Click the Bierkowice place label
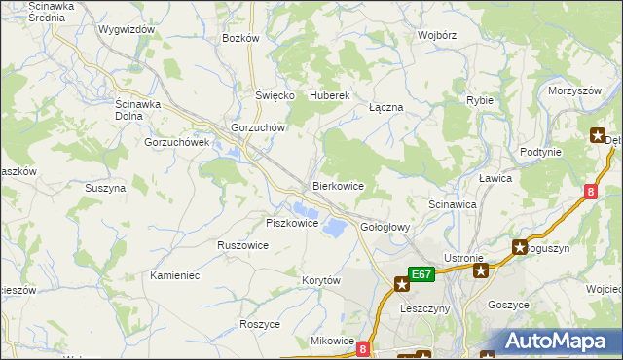tap(338, 185)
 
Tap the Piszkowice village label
tap(292, 223)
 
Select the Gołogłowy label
tap(386, 227)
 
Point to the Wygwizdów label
tap(127, 29)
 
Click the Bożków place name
tap(240, 38)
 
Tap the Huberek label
tap(329, 96)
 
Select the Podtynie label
tap(540, 152)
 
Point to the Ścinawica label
tap(452, 205)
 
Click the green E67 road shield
tap(421, 275)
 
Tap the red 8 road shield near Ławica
tap(591, 192)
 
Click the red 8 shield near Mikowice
tap(363, 347)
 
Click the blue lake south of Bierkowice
tap(334, 228)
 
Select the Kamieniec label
tap(175, 275)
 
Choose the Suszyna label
tap(105, 188)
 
